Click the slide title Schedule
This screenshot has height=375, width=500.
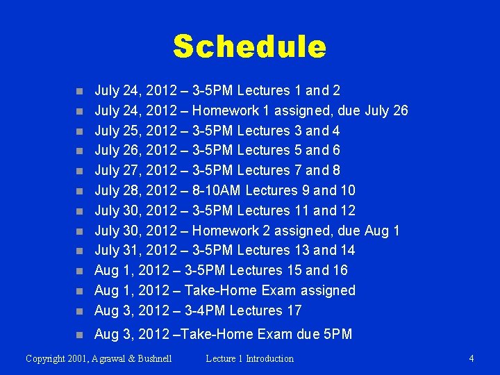(x=249, y=47)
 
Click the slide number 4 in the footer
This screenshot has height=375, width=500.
(x=472, y=358)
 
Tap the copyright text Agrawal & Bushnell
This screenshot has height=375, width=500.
(x=99, y=358)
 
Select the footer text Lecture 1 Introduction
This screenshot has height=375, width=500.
(x=249, y=358)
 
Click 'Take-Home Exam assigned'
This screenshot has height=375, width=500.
(x=274, y=290)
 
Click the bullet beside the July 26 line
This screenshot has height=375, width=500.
(x=81, y=151)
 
